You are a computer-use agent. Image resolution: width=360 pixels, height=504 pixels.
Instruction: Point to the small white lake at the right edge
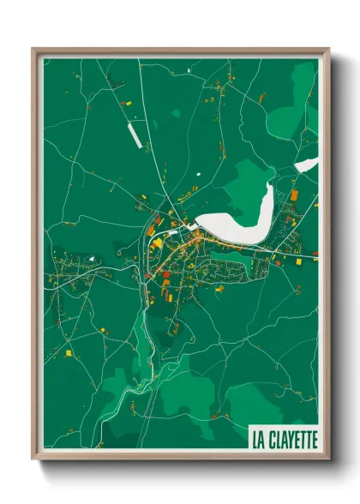(306, 165)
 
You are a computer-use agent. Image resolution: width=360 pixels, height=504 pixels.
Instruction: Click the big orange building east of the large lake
(294, 195)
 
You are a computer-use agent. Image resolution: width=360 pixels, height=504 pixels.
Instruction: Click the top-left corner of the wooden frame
(33, 49)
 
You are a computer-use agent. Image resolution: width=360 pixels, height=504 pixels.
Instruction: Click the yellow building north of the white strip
(129, 104)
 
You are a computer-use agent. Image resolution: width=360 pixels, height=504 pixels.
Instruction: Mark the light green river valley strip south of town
(147, 360)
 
